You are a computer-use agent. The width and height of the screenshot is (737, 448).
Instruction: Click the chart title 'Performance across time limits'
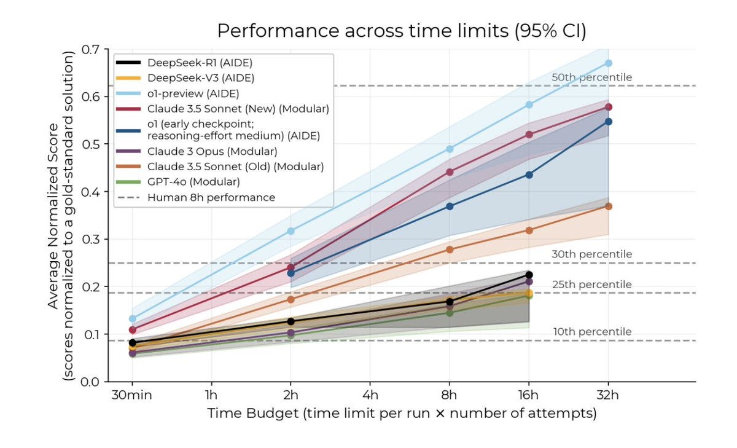pos(401,31)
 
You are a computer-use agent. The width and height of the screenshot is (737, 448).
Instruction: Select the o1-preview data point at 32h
pos(608,63)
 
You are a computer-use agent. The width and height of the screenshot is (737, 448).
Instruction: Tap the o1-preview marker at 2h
pos(291,231)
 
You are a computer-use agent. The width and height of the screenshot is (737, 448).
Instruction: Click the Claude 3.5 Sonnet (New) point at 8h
pos(450,172)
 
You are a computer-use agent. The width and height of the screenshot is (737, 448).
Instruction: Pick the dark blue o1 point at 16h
pos(529,175)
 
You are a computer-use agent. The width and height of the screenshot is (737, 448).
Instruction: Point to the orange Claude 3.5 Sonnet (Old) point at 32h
pos(608,206)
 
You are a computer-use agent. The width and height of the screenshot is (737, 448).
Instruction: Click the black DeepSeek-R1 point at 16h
pos(529,275)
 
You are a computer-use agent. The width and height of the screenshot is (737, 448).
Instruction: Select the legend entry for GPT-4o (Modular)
pos(193,182)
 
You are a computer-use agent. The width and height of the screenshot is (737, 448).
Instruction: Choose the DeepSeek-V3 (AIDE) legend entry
pos(200,78)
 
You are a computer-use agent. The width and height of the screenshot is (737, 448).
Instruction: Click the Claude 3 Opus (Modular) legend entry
pos(212,151)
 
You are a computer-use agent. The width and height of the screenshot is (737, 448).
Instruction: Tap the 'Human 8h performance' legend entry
pos(211,197)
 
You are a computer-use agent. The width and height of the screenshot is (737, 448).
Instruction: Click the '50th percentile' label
pos(591,77)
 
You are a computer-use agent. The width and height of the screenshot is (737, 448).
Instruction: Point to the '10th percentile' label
pos(592,332)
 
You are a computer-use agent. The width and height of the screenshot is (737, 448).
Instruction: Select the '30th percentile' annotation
pos(591,254)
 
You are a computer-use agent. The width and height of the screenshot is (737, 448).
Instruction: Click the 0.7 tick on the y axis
pos(91,49)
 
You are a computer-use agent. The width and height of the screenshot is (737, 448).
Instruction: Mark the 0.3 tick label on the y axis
pos(91,239)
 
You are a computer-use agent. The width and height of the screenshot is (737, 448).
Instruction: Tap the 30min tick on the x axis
pos(132,395)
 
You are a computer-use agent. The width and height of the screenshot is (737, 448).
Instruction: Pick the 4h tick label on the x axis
pos(370,395)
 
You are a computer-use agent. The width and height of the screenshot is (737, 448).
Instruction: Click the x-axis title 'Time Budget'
pos(402,414)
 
